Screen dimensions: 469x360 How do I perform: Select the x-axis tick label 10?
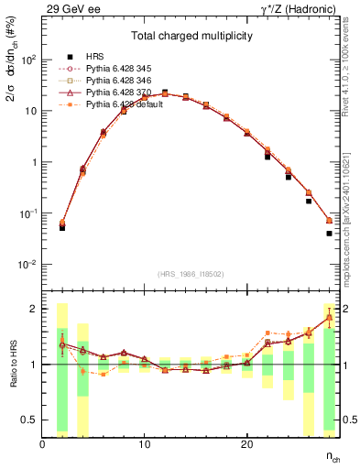[x=144, y=444]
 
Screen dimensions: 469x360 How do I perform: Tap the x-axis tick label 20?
[x=246, y=444]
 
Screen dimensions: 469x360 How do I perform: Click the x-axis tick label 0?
[x=42, y=444]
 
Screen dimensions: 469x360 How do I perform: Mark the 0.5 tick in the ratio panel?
[x=29, y=420]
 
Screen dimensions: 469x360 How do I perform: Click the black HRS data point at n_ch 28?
[x=329, y=234]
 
